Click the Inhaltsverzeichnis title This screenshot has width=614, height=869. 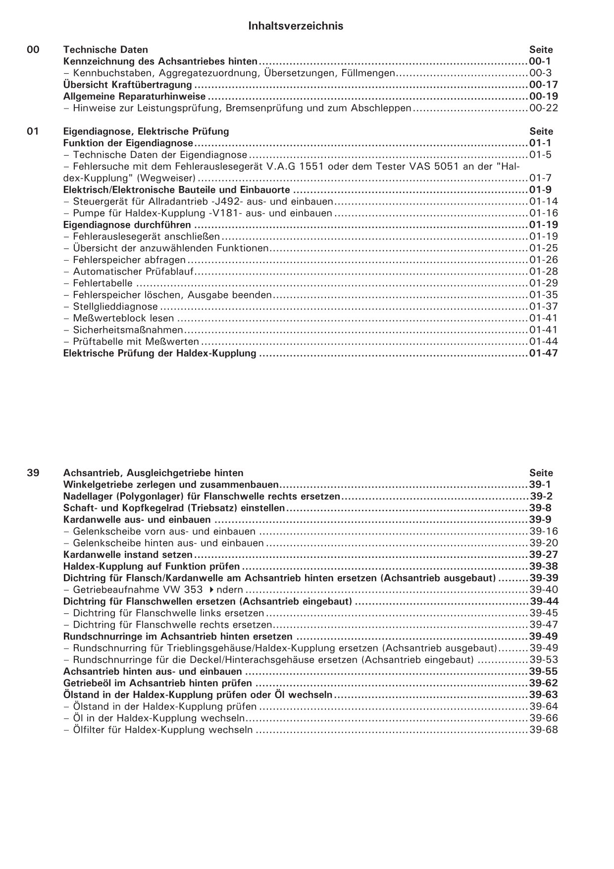(x=296, y=26)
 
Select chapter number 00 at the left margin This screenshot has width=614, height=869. (x=33, y=50)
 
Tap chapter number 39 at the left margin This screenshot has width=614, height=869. (x=33, y=473)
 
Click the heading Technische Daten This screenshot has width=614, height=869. (x=105, y=50)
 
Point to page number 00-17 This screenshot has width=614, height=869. (x=543, y=85)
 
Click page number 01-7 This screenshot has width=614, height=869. (x=540, y=178)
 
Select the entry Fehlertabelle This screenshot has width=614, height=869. (x=102, y=283)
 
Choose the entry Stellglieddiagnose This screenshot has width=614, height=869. (x=115, y=307)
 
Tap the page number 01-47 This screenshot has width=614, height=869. (x=543, y=353)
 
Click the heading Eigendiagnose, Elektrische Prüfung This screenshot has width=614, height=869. (x=146, y=132)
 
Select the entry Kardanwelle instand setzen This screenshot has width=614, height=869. (x=128, y=555)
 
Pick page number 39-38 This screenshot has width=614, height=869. (x=543, y=566)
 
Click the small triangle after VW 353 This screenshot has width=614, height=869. (x=211, y=590)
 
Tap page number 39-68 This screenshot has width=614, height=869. (x=543, y=730)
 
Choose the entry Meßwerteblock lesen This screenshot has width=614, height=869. (x=123, y=319)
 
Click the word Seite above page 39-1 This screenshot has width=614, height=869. (x=541, y=473)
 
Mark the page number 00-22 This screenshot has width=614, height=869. (x=543, y=108)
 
